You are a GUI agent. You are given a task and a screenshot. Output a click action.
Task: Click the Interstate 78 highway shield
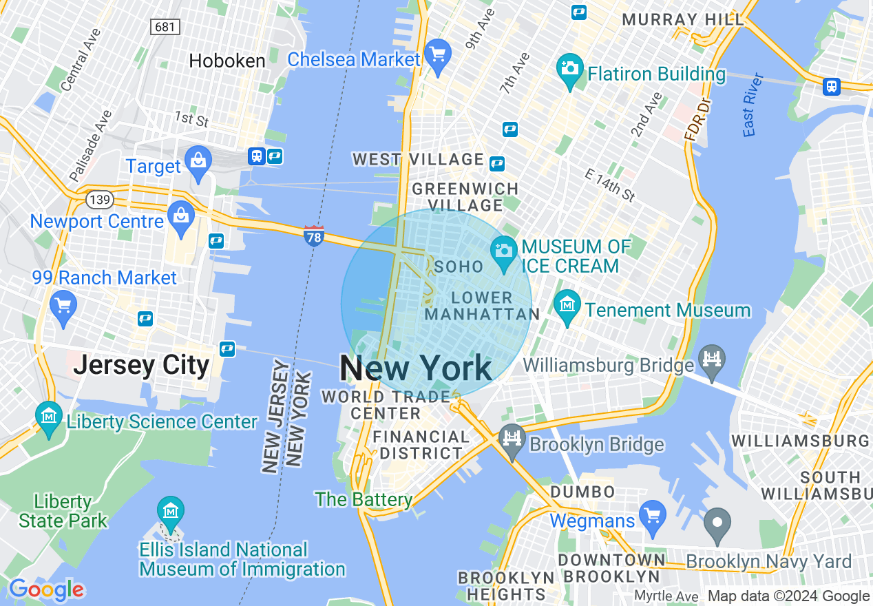click(x=313, y=236)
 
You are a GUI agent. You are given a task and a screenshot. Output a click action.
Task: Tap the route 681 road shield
click(x=165, y=27)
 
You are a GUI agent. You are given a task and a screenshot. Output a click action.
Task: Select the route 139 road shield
click(x=99, y=200)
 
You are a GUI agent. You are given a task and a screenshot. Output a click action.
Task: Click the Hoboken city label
click(x=227, y=61)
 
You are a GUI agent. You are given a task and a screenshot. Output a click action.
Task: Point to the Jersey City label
click(x=141, y=364)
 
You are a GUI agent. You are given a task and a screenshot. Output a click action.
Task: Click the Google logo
click(x=46, y=589)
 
